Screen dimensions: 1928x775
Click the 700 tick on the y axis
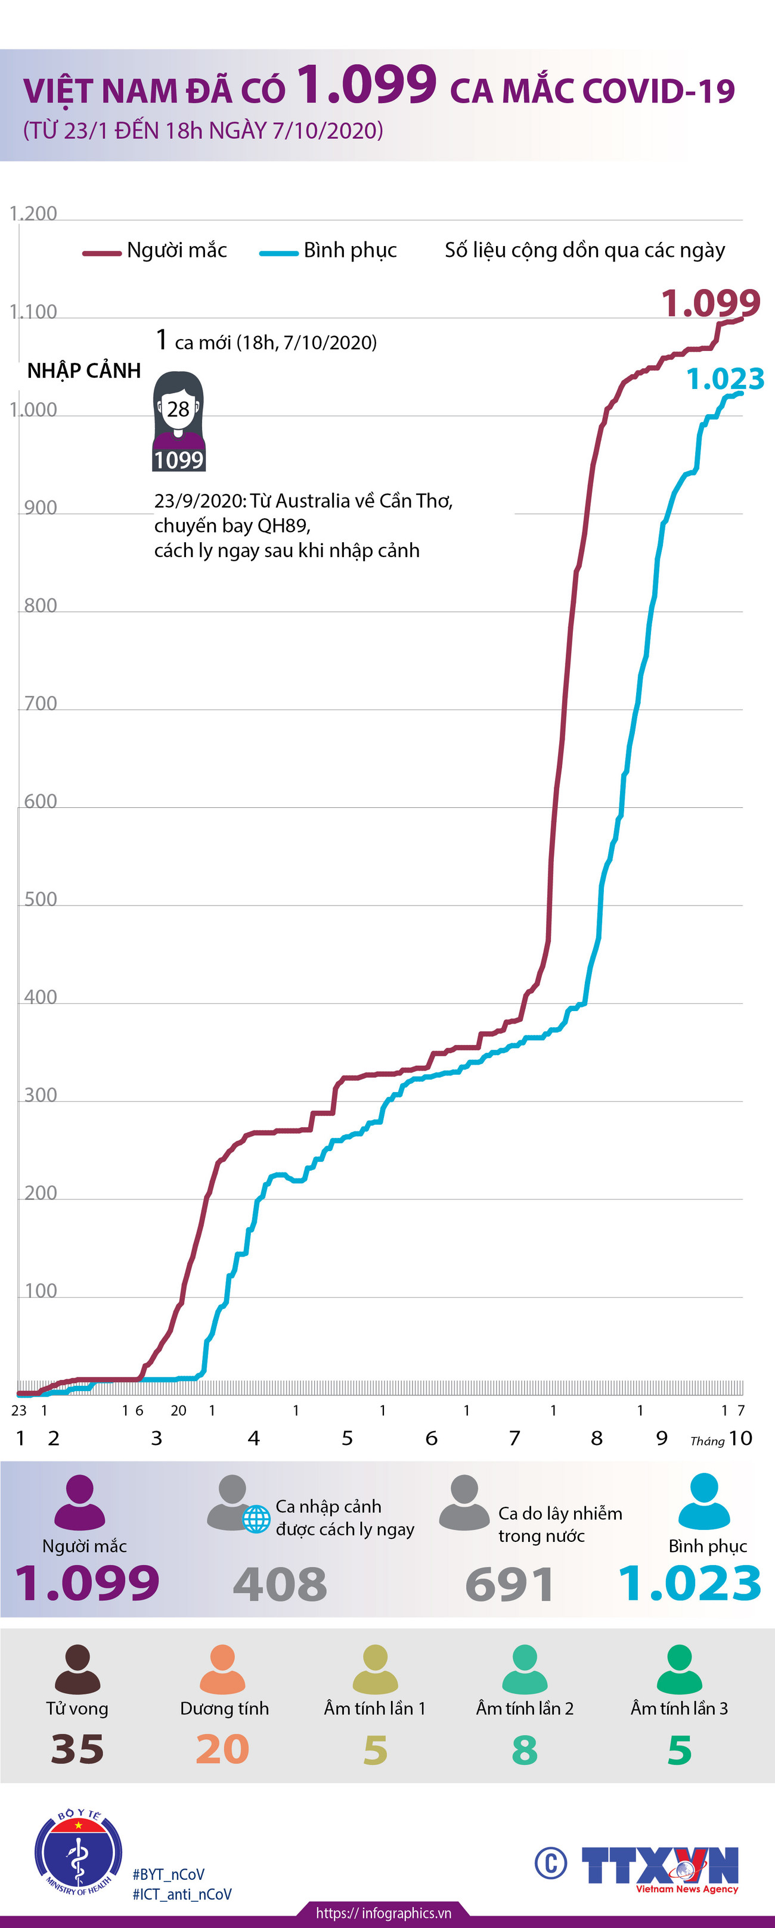tap(41, 704)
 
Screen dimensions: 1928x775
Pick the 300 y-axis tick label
tap(41, 1095)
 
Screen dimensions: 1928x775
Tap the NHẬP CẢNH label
tap(84, 371)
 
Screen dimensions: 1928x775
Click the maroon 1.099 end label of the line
tap(710, 303)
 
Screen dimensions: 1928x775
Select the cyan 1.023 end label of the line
tap(725, 379)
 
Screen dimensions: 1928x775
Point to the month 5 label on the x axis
tap(347, 1438)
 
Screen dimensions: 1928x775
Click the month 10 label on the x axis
tap(740, 1438)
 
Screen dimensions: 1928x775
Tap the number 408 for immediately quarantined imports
tap(280, 1584)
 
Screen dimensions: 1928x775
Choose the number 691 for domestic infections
tap(509, 1584)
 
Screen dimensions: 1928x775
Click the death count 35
tap(77, 1749)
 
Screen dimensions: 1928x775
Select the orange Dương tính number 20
tap(222, 1749)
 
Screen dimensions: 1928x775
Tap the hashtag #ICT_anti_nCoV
tap(182, 1894)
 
